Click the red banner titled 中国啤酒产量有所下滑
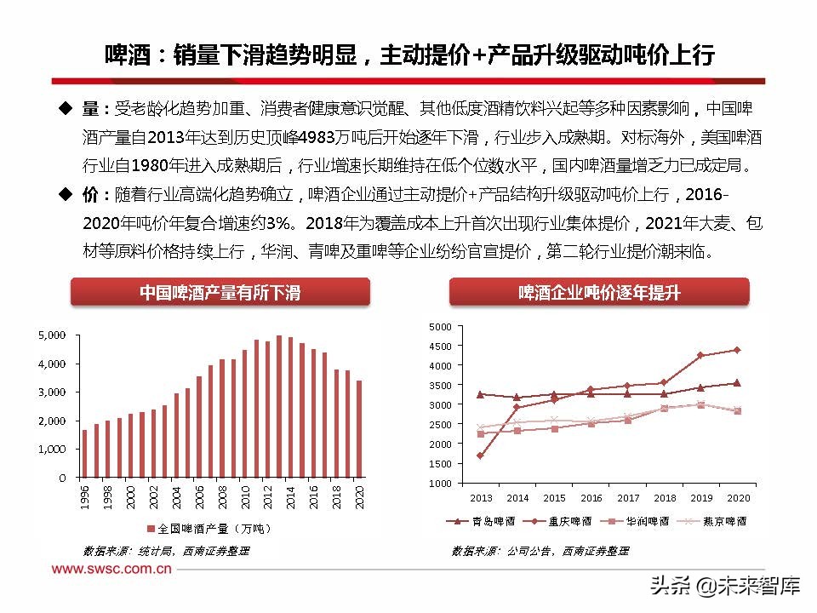coord(220,293)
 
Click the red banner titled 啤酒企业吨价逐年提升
coord(599,293)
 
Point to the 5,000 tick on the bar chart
coord(53,335)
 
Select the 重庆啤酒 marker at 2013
coord(481,455)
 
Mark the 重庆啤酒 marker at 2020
coord(737,350)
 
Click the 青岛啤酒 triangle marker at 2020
coord(737,383)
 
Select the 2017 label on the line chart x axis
coord(628,498)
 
